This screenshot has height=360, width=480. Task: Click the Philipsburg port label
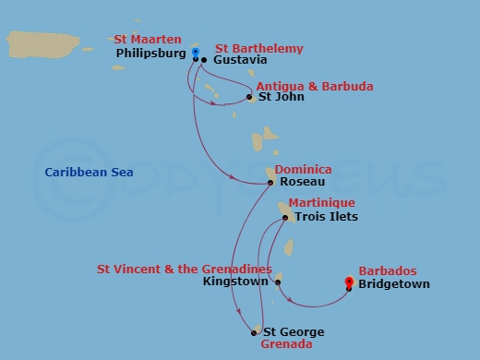click(x=152, y=54)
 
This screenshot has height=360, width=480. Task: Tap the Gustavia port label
click(x=239, y=60)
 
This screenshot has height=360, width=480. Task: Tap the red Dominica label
click(x=306, y=170)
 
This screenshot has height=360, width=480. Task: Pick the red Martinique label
click(x=320, y=203)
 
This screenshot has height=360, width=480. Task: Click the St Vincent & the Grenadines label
click(x=185, y=270)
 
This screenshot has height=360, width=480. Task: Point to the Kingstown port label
click(x=236, y=282)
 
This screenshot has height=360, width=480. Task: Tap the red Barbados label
click(x=388, y=271)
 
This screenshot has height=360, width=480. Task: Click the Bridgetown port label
click(x=395, y=284)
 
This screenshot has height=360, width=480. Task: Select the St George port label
click(x=294, y=332)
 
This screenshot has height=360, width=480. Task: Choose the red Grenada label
click(x=286, y=344)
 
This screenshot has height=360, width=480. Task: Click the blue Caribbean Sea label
click(x=89, y=173)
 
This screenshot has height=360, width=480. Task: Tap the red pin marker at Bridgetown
click(x=349, y=282)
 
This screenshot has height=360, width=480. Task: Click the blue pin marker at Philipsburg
click(x=196, y=53)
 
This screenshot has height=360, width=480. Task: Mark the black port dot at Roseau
click(x=271, y=183)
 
